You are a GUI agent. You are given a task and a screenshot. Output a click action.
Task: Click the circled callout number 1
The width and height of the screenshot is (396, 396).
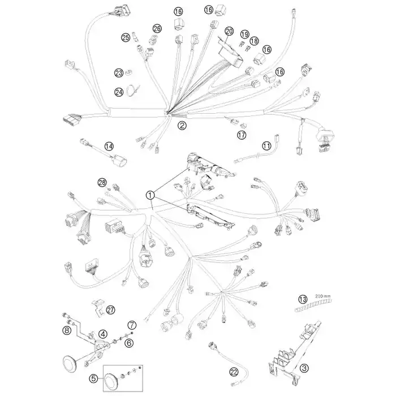(x=150, y=195)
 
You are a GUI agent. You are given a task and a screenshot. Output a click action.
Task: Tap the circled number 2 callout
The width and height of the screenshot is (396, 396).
(x=182, y=125)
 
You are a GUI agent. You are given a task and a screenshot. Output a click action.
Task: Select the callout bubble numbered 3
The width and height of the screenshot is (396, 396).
(x=304, y=368)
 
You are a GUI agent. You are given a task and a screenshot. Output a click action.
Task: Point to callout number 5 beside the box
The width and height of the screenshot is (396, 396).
(x=94, y=378)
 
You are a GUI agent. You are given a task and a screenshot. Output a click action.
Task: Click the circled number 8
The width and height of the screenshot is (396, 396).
(x=67, y=330)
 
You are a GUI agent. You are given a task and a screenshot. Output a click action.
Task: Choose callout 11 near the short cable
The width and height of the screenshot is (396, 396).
(x=266, y=146)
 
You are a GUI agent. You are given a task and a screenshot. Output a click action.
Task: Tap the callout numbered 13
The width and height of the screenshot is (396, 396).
(x=303, y=299)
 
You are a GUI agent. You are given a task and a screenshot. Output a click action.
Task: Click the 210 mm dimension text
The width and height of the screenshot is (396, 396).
(x=322, y=296)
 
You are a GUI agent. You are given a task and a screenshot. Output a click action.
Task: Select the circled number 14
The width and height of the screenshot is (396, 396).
(x=109, y=146)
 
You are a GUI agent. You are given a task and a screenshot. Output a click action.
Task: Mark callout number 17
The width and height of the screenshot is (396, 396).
(x=242, y=135)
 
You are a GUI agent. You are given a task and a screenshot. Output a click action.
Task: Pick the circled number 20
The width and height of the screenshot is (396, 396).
(x=229, y=32)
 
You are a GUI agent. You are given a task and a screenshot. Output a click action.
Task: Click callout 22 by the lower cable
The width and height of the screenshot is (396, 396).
(x=234, y=372)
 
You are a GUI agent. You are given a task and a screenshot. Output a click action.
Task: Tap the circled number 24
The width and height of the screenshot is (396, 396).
(x=119, y=92)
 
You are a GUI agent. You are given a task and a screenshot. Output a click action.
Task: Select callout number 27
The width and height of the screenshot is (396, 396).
(x=110, y=309)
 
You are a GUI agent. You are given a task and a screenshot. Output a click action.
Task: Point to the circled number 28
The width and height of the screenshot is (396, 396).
(x=102, y=182)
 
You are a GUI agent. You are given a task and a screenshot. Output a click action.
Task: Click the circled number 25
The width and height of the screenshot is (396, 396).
(x=126, y=38)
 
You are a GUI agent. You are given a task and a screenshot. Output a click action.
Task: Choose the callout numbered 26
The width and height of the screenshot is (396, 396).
(x=157, y=28)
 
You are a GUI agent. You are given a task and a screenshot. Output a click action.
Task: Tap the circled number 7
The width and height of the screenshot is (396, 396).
(x=132, y=325)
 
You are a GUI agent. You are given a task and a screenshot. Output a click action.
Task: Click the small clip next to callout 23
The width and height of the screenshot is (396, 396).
(x=128, y=73)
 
